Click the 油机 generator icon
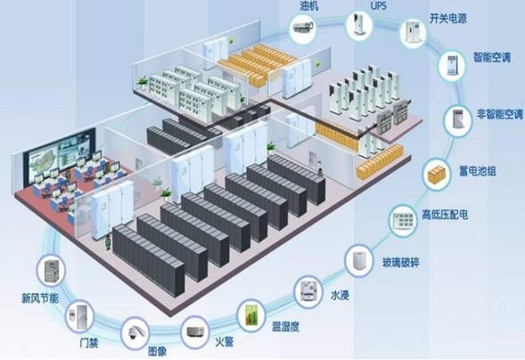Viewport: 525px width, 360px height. pos(302,27)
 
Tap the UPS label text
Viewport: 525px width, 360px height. pos(378,5)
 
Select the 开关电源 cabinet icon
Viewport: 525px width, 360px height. pos(413,32)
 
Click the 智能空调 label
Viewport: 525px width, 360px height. pos(491,58)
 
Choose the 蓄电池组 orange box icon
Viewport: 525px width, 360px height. pos(436,175)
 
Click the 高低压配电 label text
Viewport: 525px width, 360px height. pos(444,215)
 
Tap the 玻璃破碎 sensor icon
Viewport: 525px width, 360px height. pos(358,259)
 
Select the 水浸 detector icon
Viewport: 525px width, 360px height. pos(308,291)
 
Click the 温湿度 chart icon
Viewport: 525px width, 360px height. pos(250,315)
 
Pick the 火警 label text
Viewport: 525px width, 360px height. pos(224,341)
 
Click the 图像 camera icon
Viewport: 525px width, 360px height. pos(135,332)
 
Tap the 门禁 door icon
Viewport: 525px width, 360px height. pos(79,316)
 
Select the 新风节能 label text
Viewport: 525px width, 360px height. pos(40,299)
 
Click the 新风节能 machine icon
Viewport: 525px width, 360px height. pos(51,270)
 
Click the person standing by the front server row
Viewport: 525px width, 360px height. pos(108,242)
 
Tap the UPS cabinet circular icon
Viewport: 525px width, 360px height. pos(359,25)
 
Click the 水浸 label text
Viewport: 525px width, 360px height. pos(340,295)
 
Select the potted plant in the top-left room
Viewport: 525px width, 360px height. pos(143,82)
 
